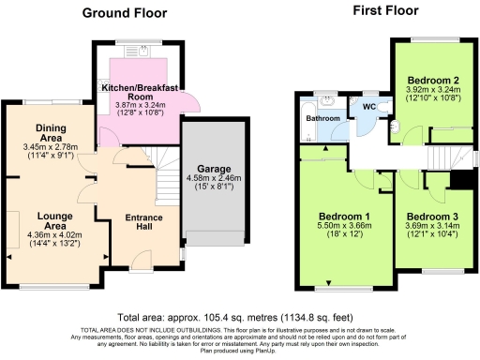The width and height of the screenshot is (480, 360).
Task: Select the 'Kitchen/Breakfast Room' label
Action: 140,91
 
